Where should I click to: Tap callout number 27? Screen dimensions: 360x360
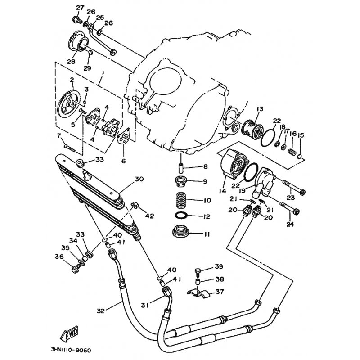(80, 8)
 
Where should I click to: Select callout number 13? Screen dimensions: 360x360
(260, 109)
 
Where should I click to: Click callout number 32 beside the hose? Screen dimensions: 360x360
(100, 310)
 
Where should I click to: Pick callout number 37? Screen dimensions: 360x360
(220, 292)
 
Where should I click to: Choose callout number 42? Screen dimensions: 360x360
(150, 216)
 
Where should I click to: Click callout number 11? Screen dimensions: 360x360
(206, 234)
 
